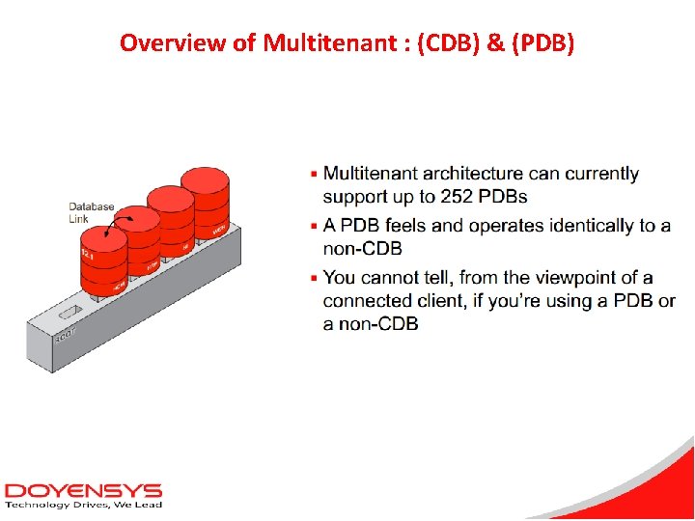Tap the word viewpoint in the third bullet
coord(581,278)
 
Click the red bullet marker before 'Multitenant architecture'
coord(313,175)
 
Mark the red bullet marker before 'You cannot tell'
coord(313,279)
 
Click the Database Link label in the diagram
coord(91,212)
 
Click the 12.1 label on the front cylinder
coord(89,252)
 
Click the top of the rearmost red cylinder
coord(205,179)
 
